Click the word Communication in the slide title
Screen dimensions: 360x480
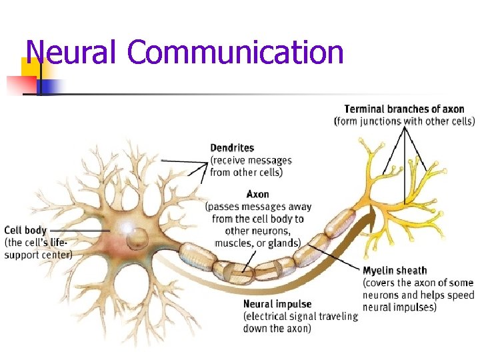pyautogui.click(x=236, y=53)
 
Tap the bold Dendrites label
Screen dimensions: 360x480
pyautogui.click(x=231, y=148)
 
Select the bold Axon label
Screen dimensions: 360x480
pyautogui.click(x=257, y=195)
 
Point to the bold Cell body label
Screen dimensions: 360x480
pyautogui.click(x=25, y=231)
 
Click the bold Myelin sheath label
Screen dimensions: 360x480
pyautogui.click(x=395, y=271)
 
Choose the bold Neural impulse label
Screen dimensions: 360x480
pyautogui.click(x=277, y=305)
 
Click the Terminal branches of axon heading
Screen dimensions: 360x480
pyautogui.click(x=404, y=109)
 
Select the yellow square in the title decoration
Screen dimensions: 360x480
pyautogui.click(x=29, y=67)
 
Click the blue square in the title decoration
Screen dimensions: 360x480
pyautogui.click(x=51, y=85)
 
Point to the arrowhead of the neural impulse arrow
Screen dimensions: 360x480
pyautogui.click(x=371, y=212)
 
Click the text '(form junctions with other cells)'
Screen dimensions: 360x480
pyautogui.click(x=404, y=121)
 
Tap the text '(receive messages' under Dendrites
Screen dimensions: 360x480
pyautogui.click(x=251, y=160)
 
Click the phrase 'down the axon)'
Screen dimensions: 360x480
pyautogui.click(x=277, y=328)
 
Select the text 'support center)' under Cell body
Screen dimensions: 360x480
pyautogui.click(x=38, y=253)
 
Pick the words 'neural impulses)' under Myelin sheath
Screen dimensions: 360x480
pyautogui.click(x=399, y=307)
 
